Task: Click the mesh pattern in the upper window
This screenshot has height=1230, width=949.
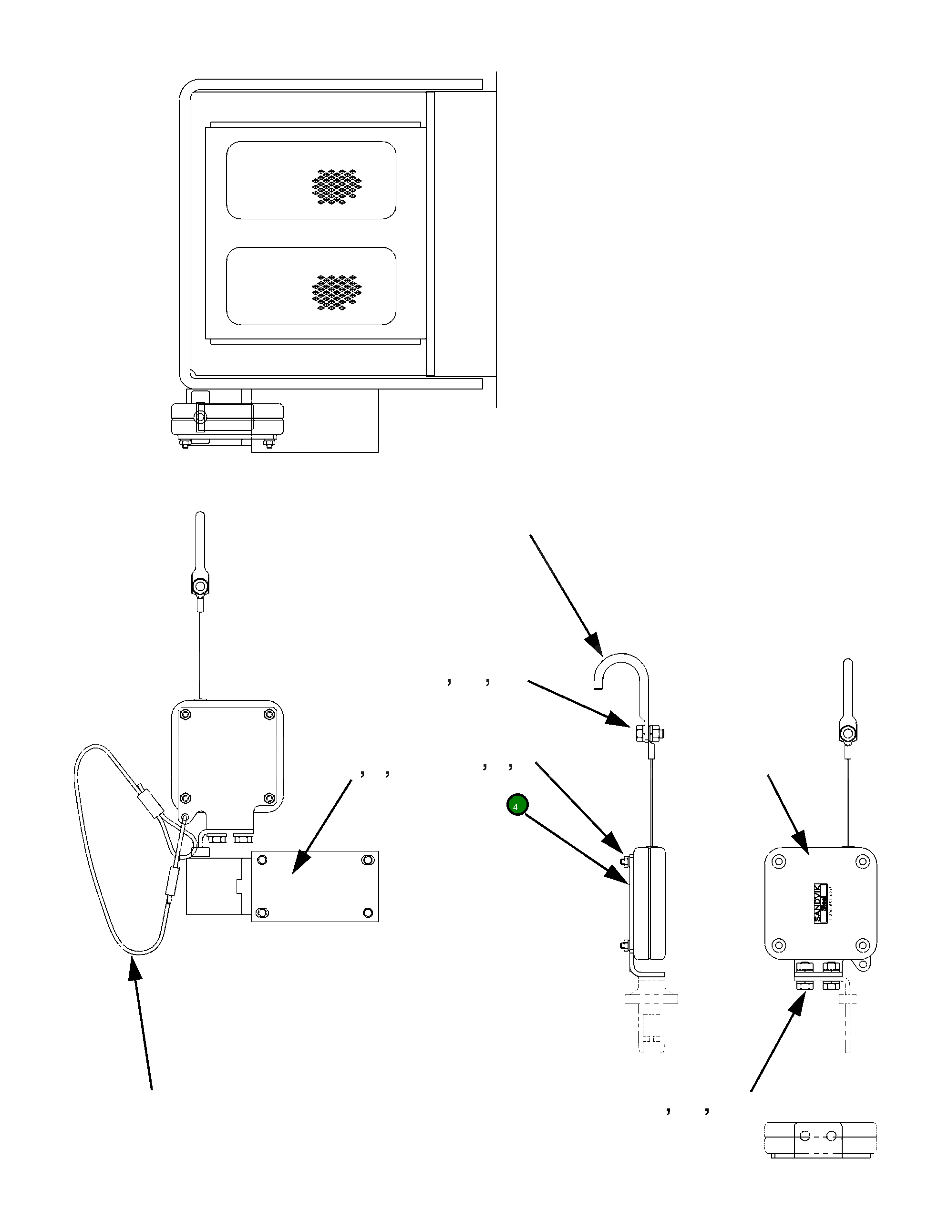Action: click(x=337, y=186)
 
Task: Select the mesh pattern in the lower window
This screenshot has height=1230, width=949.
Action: click(x=337, y=293)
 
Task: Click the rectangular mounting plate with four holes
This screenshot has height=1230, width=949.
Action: click(x=314, y=886)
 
